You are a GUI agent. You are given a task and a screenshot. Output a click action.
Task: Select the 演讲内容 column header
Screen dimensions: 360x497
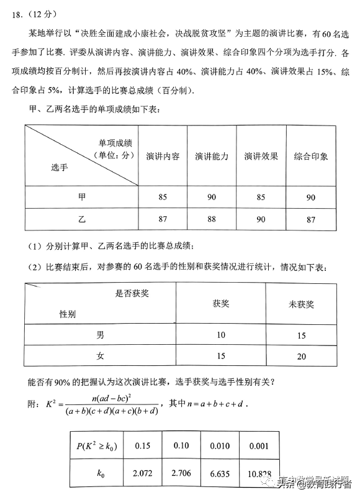point(163,157)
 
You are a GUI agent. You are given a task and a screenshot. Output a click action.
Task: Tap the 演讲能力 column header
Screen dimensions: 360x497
point(212,157)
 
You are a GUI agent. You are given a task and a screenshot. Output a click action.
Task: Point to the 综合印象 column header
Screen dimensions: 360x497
point(311,157)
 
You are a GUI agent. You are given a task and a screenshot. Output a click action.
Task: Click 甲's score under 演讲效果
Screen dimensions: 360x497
point(261,197)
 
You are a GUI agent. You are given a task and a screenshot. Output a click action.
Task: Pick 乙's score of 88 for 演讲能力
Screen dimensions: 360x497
point(212,219)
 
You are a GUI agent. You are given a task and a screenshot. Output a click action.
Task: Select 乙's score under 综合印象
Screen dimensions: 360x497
point(311,219)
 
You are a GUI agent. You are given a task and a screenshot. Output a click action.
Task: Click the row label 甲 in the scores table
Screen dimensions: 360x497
point(82,197)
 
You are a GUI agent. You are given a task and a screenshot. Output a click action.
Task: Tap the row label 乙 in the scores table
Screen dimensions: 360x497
point(82,219)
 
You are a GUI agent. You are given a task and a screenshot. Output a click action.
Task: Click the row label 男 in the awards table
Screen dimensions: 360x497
point(100,335)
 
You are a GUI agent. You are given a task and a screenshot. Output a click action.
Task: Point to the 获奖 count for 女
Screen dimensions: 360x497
point(221,357)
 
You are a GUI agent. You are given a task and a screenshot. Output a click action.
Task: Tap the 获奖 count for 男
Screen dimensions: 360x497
point(221,335)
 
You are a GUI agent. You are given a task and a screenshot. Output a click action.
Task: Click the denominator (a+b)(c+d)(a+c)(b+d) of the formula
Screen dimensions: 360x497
point(110,411)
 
